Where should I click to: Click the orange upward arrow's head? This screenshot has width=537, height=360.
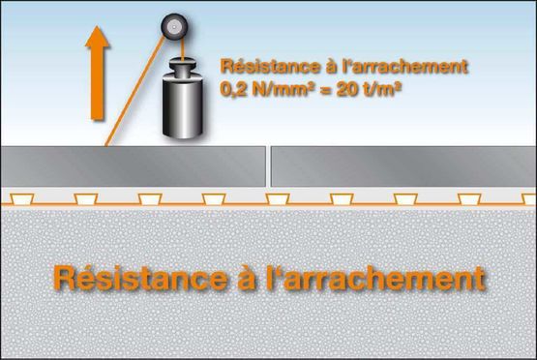(x=98, y=37)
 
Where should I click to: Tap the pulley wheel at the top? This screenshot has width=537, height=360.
(x=174, y=27)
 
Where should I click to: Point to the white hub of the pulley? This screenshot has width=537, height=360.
(x=174, y=27)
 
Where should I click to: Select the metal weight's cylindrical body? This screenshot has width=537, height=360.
(x=183, y=107)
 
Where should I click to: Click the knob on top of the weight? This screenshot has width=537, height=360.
(x=183, y=68)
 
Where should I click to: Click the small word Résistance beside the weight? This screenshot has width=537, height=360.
(x=270, y=66)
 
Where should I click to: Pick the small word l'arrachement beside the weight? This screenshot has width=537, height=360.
(x=405, y=66)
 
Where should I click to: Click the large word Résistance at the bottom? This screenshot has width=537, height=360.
(x=140, y=278)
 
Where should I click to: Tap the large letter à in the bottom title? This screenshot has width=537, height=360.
(x=247, y=278)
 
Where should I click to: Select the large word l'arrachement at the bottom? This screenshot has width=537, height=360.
(x=375, y=278)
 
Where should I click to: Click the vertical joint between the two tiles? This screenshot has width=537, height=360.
(x=269, y=166)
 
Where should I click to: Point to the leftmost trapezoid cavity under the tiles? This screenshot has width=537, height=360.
(x=21, y=199)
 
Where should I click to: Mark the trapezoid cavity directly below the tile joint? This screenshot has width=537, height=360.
(x=278, y=199)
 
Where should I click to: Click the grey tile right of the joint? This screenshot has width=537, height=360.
(x=403, y=166)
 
